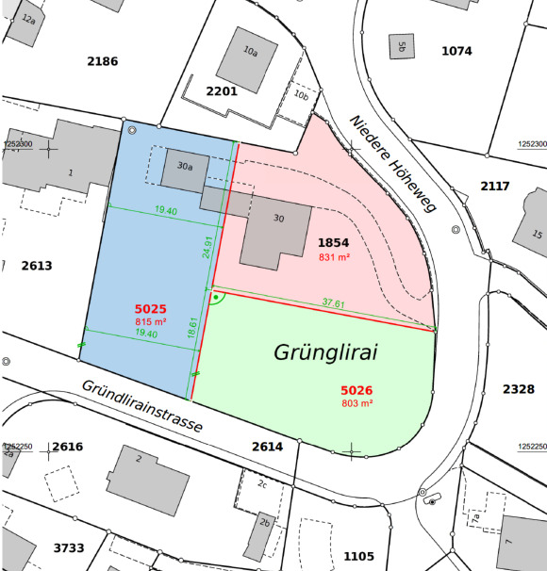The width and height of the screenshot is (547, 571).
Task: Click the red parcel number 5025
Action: point(150,309)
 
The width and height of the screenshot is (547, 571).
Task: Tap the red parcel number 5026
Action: point(356,389)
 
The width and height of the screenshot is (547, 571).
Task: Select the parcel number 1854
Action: point(333,243)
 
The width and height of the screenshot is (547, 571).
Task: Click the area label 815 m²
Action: point(150,321)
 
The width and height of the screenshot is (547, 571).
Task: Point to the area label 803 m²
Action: point(356,402)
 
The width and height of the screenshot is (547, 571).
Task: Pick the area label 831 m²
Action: point(334,256)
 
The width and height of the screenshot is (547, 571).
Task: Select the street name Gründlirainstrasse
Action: point(141,406)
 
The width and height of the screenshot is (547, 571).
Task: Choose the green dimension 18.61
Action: point(192,328)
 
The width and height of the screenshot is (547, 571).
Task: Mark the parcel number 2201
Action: point(222,90)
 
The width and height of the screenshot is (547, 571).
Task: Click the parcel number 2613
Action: point(37,266)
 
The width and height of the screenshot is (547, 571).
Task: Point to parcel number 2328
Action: point(519,388)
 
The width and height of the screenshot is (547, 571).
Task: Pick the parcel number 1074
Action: point(456,51)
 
